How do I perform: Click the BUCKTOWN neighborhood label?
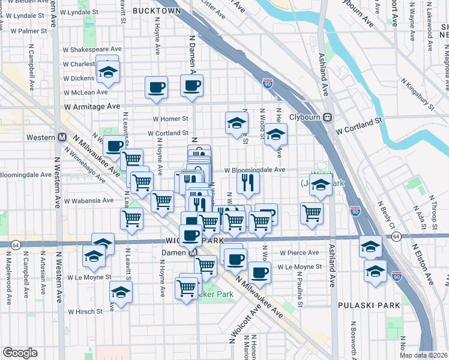click(157, 11)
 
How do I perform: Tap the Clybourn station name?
click(306, 118)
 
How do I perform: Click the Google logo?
click(20, 353)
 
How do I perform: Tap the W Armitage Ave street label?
click(92, 106)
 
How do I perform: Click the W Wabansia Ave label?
click(89, 201)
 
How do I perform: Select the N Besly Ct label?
click(386, 214)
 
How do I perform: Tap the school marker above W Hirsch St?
click(121, 293)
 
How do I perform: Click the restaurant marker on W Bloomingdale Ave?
click(248, 182)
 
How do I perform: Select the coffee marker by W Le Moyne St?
click(259, 272)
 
